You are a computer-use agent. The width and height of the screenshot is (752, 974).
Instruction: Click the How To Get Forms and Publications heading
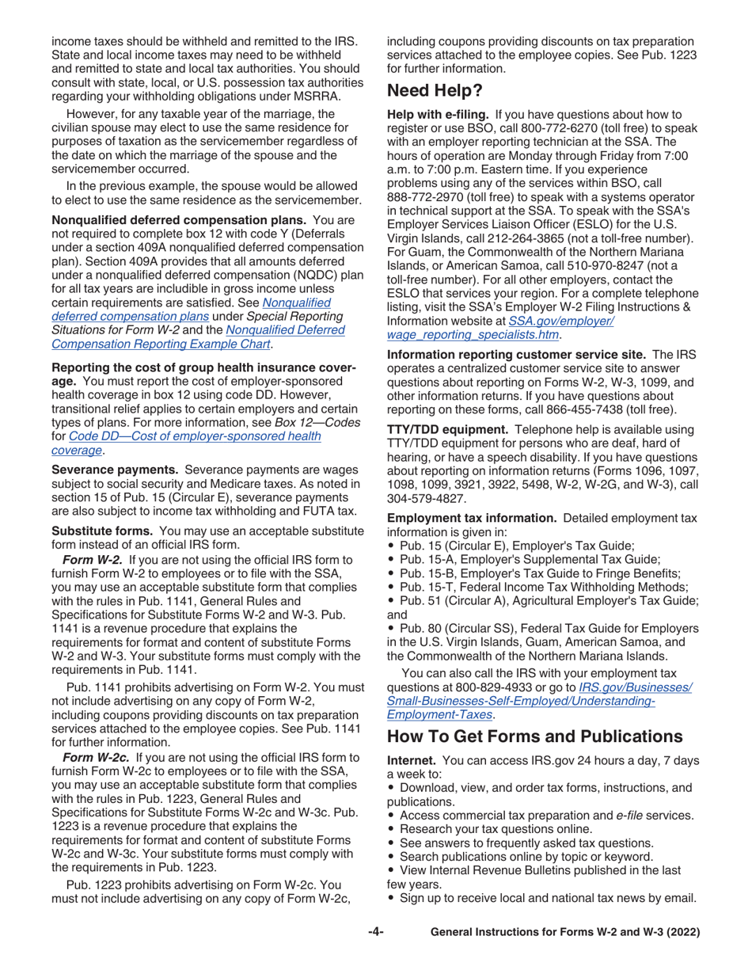534,736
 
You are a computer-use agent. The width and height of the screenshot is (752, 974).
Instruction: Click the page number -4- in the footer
376,933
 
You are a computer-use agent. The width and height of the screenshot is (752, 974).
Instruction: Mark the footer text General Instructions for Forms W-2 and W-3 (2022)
564,933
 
